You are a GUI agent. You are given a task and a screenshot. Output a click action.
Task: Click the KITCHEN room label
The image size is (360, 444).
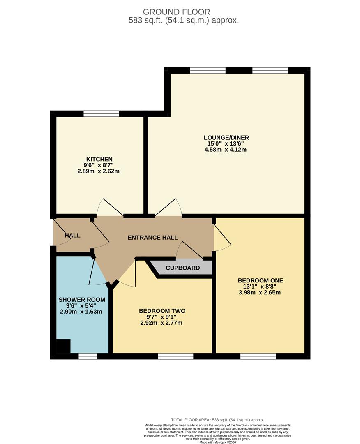coord(99,159)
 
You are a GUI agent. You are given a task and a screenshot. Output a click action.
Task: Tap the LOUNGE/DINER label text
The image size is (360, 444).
coord(226,138)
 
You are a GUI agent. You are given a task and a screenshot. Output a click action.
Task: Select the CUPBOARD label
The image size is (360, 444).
coord(183,268)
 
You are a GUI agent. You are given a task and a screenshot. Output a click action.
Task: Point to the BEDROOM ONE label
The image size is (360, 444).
coord(261,280)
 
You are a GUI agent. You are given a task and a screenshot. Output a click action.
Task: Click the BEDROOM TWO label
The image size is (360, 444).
coord(162,311)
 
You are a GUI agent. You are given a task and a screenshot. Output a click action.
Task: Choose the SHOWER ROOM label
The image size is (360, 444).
coord(82,300)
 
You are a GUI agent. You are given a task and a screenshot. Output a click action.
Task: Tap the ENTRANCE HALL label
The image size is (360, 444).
coord(153,238)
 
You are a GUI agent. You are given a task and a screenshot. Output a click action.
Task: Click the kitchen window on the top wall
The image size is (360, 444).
coord(102,113)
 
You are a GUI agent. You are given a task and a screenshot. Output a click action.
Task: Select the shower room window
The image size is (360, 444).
coord(88,356)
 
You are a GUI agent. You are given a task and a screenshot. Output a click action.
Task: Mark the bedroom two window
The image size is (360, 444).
coord(175,356)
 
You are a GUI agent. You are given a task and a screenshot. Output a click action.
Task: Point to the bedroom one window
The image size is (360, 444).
coord(258,356)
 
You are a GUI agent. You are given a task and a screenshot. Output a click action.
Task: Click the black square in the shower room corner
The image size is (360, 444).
coord(63,346)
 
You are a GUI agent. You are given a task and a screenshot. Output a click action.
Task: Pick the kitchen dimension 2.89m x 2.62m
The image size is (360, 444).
coord(99,171)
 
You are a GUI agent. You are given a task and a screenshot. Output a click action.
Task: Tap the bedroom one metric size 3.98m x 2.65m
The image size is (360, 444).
coord(260,293)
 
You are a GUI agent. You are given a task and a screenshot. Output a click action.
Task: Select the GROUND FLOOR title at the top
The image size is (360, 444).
coord(177,12)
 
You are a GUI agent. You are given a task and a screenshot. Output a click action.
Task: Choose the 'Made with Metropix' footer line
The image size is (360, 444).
coord(218,442)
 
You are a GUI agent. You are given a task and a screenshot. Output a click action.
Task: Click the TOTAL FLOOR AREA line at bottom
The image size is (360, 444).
coord(218,420)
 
